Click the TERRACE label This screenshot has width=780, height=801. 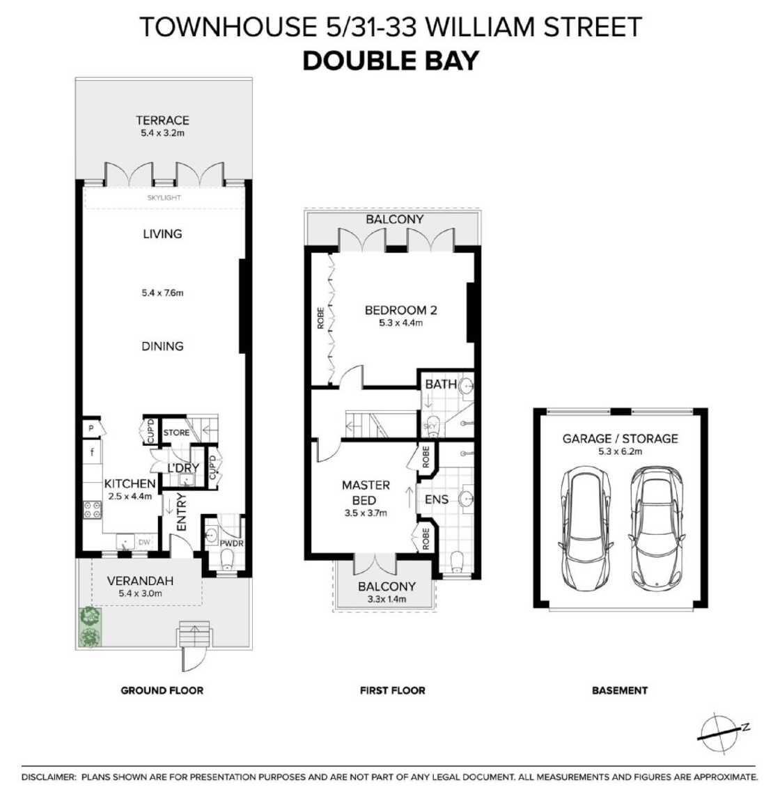pyautogui.click(x=162, y=120)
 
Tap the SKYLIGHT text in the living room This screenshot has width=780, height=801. pyautogui.click(x=164, y=198)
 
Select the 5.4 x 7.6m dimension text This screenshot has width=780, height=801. pyautogui.click(x=162, y=293)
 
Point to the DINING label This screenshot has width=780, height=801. pyautogui.click(x=162, y=346)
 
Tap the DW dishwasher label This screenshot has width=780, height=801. pyautogui.click(x=144, y=542)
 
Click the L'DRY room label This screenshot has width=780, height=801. pyautogui.click(x=182, y=467)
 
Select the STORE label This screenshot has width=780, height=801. pyautogui.click(x=176, y=433)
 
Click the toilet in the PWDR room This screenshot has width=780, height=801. pyautogui.click(x=227, y=559)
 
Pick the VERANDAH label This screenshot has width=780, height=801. pyautogui.click(x=140, y=581)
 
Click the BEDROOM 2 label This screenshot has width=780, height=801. pyautogui.click(x=400, y=310)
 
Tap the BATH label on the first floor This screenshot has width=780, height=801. pyautogui.click(x=441, y=384)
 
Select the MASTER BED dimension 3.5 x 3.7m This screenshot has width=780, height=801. pyautogui.click(x=366, y=513)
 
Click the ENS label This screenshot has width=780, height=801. pyautogui.click(x=437, y=499)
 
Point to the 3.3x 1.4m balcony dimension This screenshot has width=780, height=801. pyautogui.click(x=386, y=599)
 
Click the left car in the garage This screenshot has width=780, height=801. pyautogui.click(x=585, y=527)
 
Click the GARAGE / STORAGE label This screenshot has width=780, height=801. pyautogui.click(x=620, y=439)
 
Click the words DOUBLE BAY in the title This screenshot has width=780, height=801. pyautogui.click(x=390, y=61)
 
